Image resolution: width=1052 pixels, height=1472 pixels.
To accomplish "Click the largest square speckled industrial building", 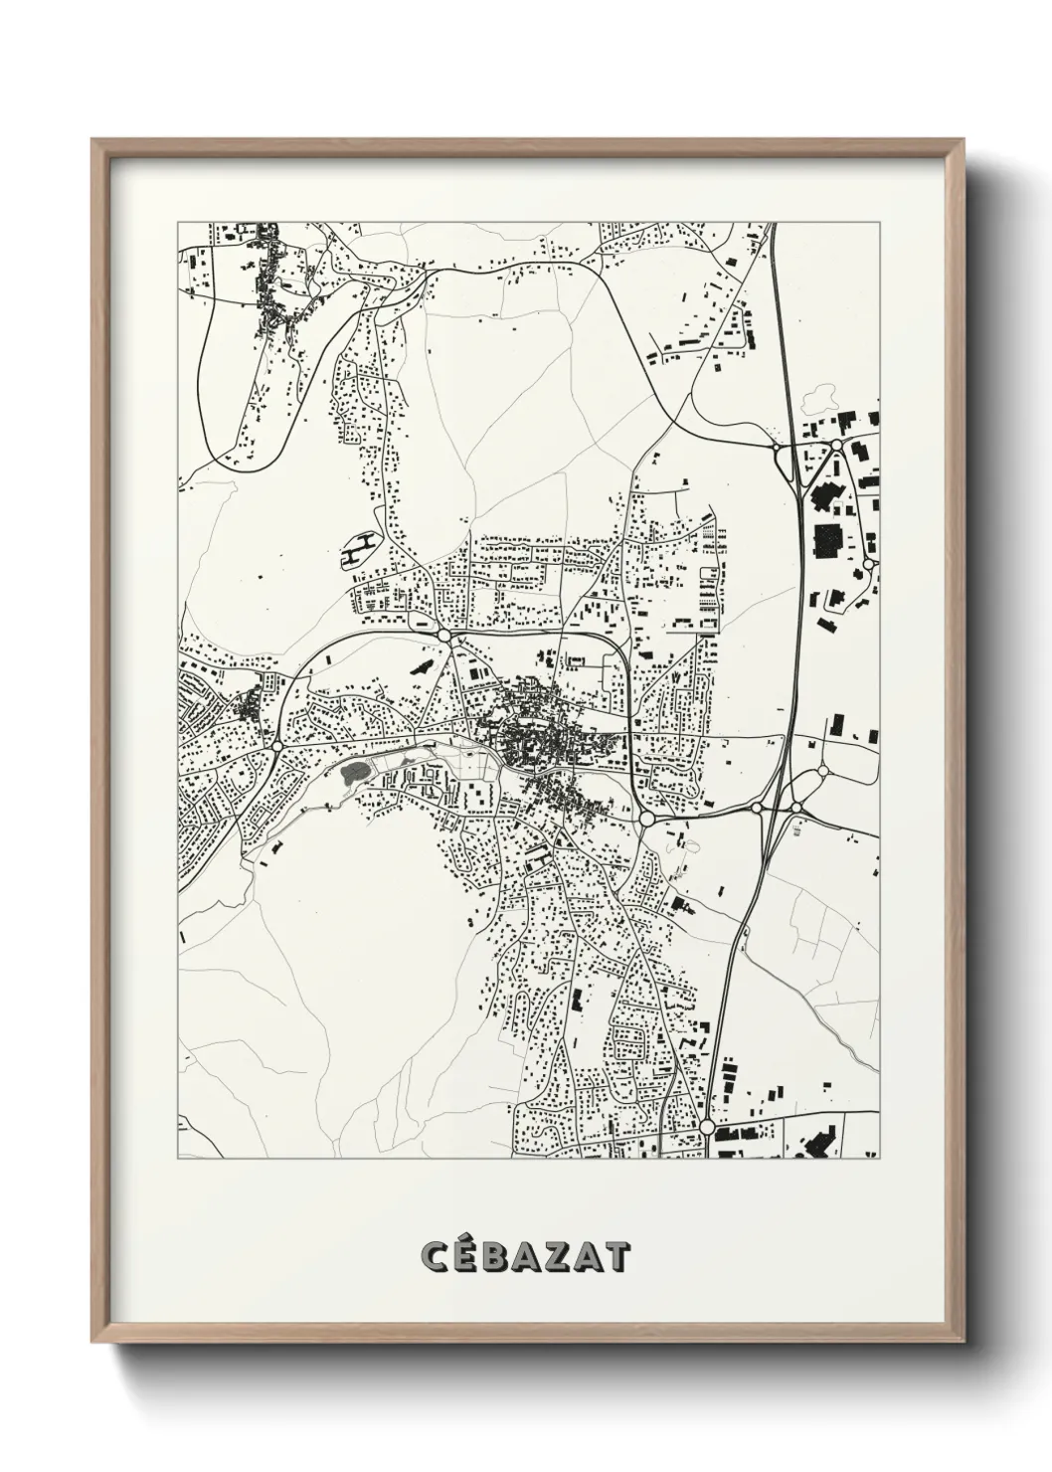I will pyautogui.click(x=827, y=543).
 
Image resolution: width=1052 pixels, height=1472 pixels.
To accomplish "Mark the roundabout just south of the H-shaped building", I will pyautogui.click(x=443, y=633).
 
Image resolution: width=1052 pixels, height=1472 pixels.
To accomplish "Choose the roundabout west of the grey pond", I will pyautogui.click(x=277, y=743).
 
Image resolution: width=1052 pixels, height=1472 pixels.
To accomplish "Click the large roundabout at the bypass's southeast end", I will pyautogui.click(x=647, y=819).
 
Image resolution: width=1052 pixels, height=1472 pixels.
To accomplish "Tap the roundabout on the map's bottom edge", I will pyautogui.click(x=706, y=1127).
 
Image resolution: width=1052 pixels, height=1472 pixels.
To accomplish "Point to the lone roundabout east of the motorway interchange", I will pyautogui.click(x=822, y=771).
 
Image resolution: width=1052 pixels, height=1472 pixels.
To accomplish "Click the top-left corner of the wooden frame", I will pyautogui.click(x=93, y=140).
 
